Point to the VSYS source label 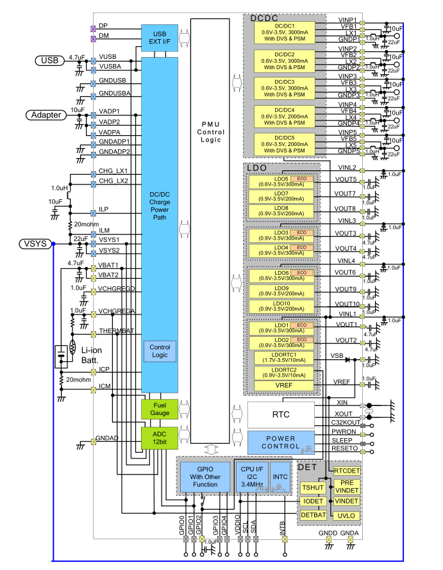pyautogui.click(x=35, y=244)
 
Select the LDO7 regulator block pyautogui.click(x=281, y=197)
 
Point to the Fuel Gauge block pyautogui.click(x=160, y=409)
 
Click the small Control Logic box pyautogui.click(x=160, y=351)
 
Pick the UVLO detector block pyautogui.click(x=346, y=515)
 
